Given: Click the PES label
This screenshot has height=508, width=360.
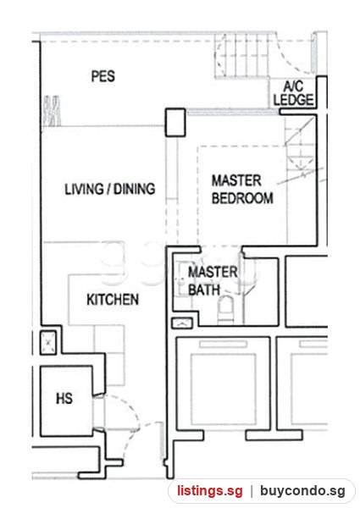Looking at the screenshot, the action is coord(103,76).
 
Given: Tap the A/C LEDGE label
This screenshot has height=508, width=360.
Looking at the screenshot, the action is coord(294,93).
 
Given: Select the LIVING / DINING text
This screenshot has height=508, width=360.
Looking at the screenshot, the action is coord(110,189).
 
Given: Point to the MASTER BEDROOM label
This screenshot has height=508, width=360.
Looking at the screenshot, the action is coord(242,189).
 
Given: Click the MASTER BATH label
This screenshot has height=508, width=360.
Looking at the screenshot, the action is coord(213,280).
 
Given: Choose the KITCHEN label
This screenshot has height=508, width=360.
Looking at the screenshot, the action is coord(113,300).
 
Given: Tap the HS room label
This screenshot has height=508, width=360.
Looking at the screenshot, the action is coord(64,399).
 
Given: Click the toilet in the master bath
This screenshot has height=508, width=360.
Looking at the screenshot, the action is coord(226,309).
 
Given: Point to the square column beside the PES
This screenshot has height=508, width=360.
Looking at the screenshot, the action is coord(175,122).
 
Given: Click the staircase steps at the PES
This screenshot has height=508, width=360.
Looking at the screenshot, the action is coord(242,55).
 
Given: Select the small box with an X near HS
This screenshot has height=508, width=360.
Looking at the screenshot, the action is coord(48,342).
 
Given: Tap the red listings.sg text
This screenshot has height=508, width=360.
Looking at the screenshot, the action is coord(210,490).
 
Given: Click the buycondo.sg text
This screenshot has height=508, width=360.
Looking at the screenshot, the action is coord(302,490).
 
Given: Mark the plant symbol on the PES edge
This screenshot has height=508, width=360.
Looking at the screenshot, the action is coord(52,111).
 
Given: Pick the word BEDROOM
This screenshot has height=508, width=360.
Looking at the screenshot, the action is coord(242,198).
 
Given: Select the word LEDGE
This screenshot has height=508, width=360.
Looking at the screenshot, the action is coord(294,100).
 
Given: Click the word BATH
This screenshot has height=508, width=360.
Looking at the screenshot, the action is coord(204,290).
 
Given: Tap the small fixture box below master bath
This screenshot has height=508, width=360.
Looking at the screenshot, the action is coord(182,323).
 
